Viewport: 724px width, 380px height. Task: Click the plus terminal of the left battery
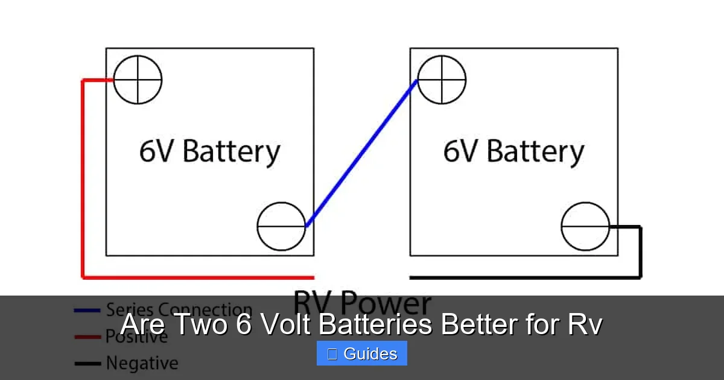pyautogui.click(x=138, y=80)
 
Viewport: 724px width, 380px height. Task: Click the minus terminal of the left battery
pyautogui.click(x=281, y=226)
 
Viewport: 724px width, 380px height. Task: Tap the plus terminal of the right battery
pyautogui.click(x=442, y=80)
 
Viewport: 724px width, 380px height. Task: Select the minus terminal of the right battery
pyautogui.click(x=585, y=226)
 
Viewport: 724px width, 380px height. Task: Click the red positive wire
pyautogui.click(x=83, y=181)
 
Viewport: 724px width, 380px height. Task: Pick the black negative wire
pyautogui.click(x=640, y=253)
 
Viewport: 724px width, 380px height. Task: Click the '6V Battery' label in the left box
pyautogui.click(x=209, y=151)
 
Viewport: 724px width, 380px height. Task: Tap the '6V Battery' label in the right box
pyautogui.click(x=513, y=151)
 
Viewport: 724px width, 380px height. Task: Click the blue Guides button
pyautogui.click(x=362, y=353)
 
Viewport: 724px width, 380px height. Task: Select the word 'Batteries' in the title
pyautogui.click(x=375, y=325)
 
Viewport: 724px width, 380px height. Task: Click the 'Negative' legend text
pyautogui.click(x=142, y=363)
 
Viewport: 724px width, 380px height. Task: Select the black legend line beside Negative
pyautogui.click(x=87, y=364)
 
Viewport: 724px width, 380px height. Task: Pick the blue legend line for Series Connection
pyautogui.click(x=87, y=311)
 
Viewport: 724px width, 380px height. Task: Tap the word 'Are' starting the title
pyautogui.click(x=142, y=325)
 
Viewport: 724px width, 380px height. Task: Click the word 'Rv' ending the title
pyautogui.click(x=584, y=325)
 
